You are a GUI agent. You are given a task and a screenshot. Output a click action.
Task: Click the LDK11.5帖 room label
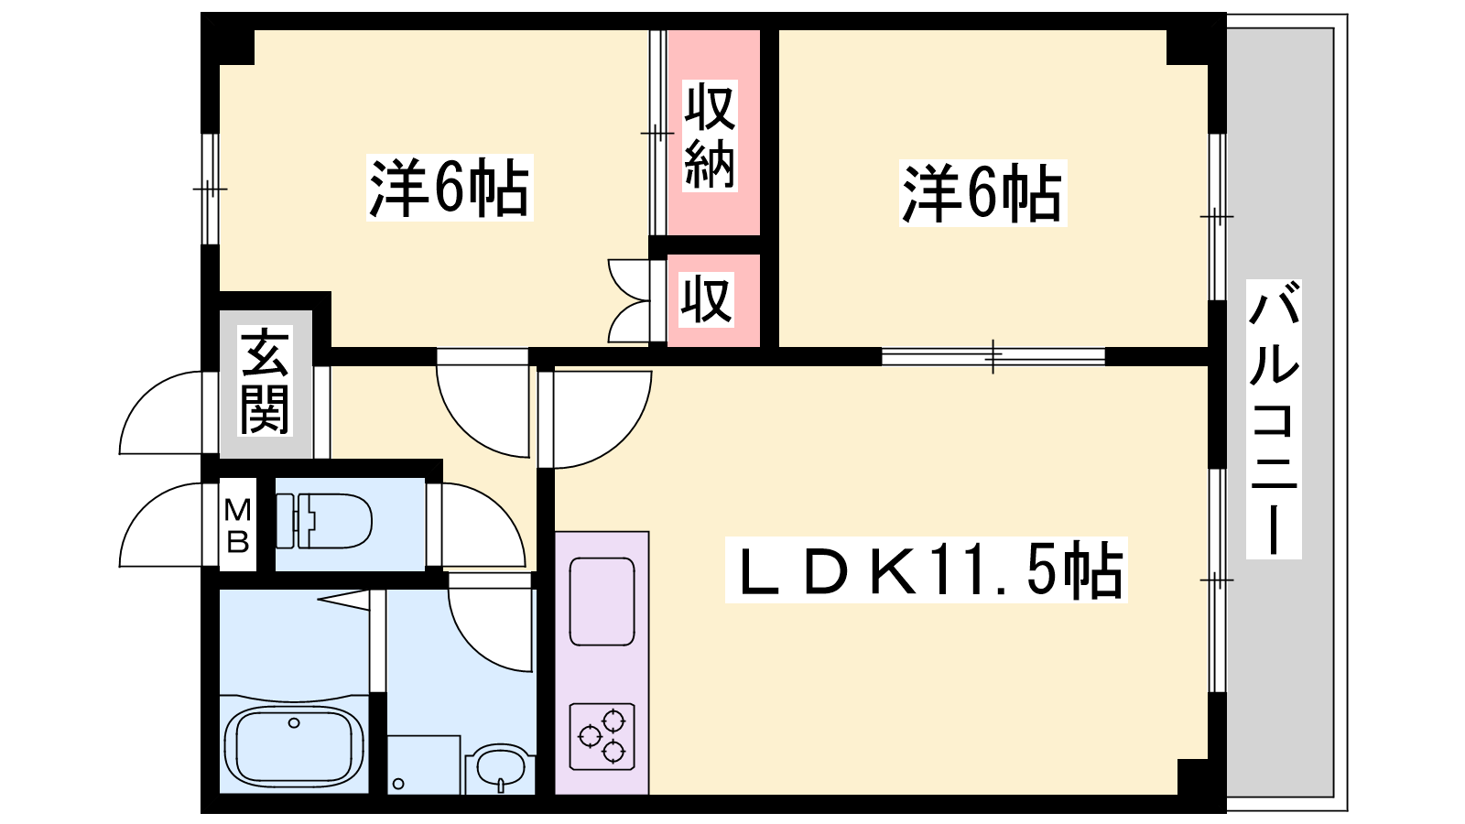coord(926,569)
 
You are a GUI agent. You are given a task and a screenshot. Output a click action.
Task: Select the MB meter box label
coord(237,526)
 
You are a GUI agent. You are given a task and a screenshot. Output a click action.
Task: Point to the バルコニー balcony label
coord(1274,419)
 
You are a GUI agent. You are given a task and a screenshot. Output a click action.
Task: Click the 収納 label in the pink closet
coord(710,136)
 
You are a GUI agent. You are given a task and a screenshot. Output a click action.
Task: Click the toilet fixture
coord(324,521)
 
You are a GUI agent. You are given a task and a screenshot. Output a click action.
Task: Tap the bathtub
coord(294,746)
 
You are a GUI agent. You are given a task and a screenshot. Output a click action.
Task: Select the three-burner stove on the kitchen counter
coord(602,736)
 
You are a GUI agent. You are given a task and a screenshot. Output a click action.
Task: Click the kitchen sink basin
coord(602,602)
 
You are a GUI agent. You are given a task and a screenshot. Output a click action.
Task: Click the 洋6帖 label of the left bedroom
coord(450,188)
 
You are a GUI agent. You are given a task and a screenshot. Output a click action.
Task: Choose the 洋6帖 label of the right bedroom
coord(982,193)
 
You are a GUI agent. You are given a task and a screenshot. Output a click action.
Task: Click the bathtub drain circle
coord(294,722)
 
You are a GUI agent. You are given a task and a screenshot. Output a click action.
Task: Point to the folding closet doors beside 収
coord(629,301)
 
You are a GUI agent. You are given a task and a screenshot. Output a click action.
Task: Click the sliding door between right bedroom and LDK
coord(993,356)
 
